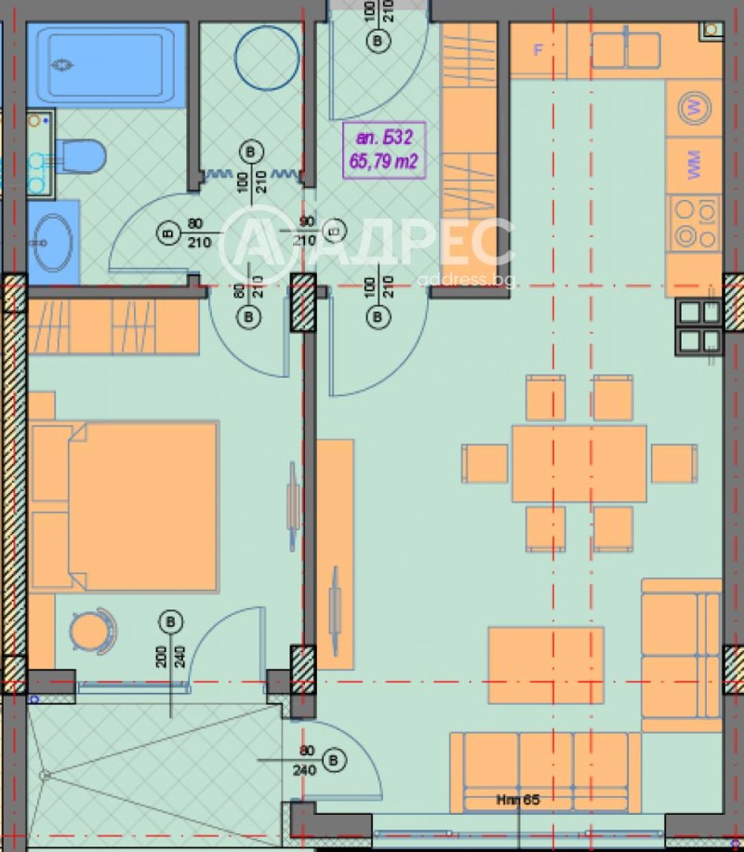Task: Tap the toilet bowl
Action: pos(79,155)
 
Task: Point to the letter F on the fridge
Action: pos(538,50)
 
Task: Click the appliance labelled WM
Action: pos(693,166)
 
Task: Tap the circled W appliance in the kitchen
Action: pos(693,106)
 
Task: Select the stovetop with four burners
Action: pos(694,223)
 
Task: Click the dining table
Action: pos(578,463)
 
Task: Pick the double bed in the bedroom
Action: pos(125,506)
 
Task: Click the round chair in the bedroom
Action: pos(91,632)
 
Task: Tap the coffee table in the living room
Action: pos(547,664)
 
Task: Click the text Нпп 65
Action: pos(517,799)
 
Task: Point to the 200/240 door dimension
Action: pos(170,659)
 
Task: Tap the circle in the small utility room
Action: pos(267,58)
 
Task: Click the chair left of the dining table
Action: pos(485,463)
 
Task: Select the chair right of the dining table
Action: pos(673,463)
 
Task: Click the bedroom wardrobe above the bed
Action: pos(113,326)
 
